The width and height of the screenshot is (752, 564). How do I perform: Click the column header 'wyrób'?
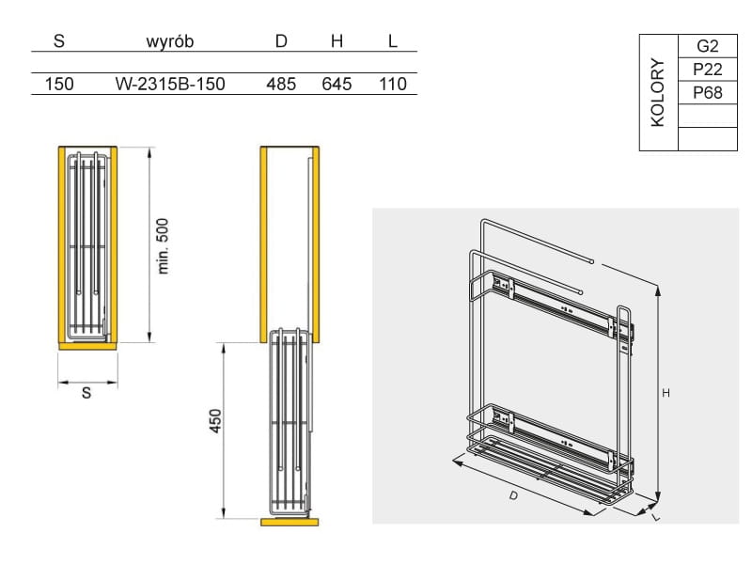[170, 41]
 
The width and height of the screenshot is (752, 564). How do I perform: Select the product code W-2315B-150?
[170, 84]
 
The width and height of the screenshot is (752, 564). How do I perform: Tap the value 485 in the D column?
[281, 84]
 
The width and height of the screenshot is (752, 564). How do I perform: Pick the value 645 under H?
[337, 84]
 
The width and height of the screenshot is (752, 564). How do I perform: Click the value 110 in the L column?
[393, 84]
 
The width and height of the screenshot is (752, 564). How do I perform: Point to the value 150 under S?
[59, 84]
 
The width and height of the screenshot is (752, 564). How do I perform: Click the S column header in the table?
[59, 41]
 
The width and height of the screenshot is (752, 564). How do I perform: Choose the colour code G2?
[708, 46]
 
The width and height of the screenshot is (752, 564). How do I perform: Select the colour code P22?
[708, 70]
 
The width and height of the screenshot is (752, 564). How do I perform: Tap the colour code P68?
[708, 92]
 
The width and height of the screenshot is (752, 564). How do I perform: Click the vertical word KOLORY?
[657, 92]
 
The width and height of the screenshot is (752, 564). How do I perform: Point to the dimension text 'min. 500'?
[163, 246]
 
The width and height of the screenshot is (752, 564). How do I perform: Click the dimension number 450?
[215, 421]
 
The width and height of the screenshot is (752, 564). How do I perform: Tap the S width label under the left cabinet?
[86, 393]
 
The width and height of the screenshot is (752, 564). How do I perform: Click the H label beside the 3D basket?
[666, 393]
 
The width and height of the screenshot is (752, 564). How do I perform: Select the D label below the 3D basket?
[513, 495]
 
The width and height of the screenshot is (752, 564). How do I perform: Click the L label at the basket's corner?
[656, 516]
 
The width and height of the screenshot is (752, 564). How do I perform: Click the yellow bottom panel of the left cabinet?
[87, 346]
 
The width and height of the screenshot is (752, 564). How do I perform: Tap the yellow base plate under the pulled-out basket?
[290, 523]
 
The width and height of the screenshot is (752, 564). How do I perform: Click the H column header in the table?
[337, 41]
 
